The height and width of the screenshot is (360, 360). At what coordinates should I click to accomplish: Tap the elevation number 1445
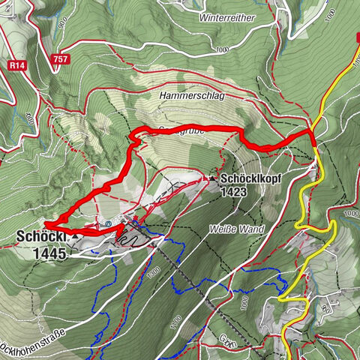pyautogui.click(x=49, y=253)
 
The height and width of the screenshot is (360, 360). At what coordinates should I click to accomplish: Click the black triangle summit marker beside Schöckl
pyautogui.click(x=76, y=236)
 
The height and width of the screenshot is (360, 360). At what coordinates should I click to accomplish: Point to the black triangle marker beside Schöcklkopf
pyautogui.click(x=213, y=178)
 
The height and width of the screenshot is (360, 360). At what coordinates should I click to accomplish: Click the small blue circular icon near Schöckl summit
pyautogui.click(x=110, y=223)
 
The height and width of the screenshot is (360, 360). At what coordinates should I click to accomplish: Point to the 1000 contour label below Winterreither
pyautogui.click(x=220, y=49)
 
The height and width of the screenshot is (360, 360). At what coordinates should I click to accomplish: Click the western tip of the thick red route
pyautogui.click(x=46, y=223)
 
